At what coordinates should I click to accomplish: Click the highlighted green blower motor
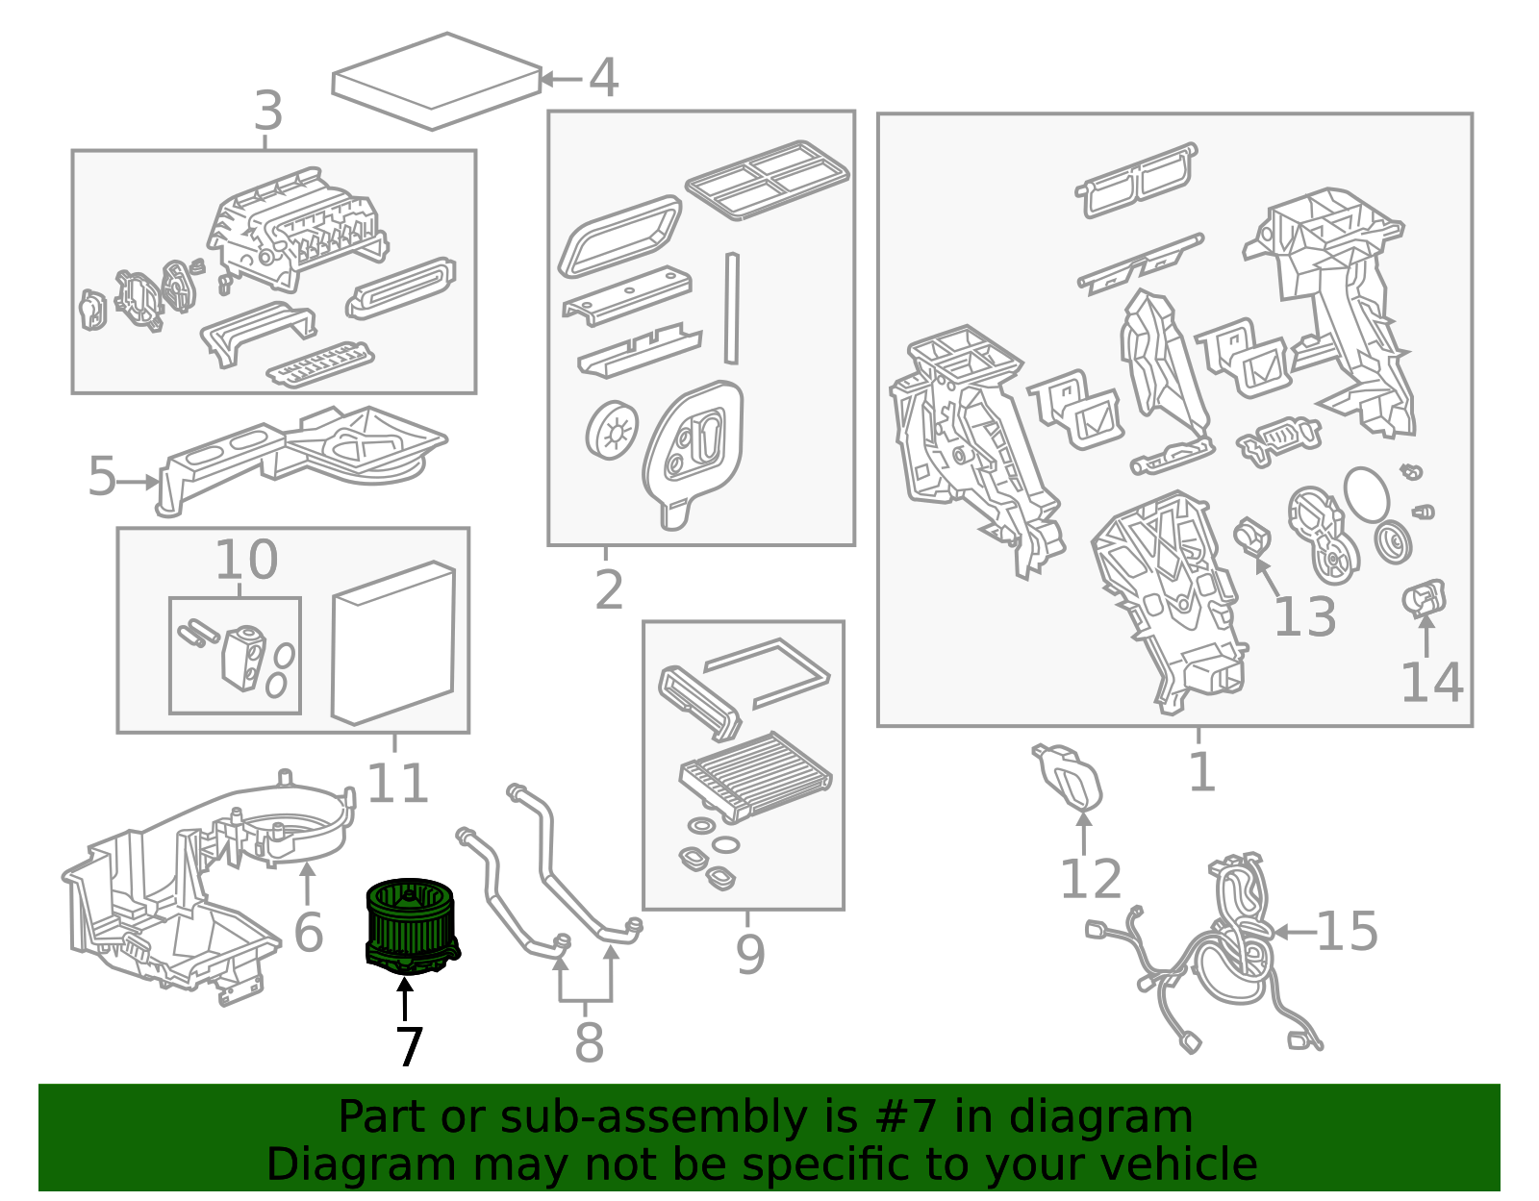click(x=412, y=926)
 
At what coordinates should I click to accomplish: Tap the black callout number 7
click(x=410, y=1047)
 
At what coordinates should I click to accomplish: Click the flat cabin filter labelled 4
click(x=437, y=82)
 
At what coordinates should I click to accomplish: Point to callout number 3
click(x=268, y=112)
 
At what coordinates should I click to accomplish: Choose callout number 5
click(x=101, y=476)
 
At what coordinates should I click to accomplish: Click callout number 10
click(x=245, y=560)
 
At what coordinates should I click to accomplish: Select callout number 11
click(x=397, y=784)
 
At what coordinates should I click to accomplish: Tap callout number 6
click(x=308, y=932)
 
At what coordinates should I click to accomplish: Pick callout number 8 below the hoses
click(x=589, y=1042)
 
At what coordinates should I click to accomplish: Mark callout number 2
click(x=608, y=589)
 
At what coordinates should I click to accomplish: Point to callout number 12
click(x=1091, y=878)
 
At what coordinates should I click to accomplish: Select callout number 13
click(x=1304, y=616)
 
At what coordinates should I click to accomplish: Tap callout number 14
click(x=1431, y=683)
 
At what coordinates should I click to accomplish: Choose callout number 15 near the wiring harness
click(x=1347, y=931)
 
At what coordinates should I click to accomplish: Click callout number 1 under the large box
click(x=1201, y=771)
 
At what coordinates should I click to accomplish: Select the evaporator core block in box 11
click(x=393, y=643)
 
